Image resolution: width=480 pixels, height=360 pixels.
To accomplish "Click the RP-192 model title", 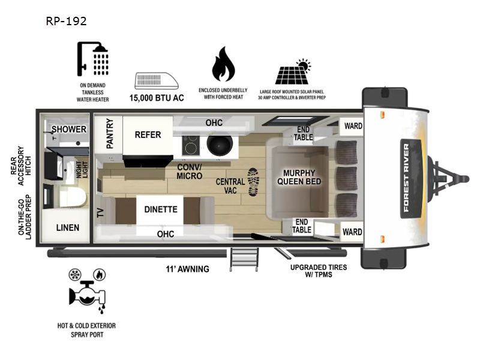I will tap(66, 21).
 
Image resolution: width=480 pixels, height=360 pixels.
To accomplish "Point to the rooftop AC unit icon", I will tap(156, 80).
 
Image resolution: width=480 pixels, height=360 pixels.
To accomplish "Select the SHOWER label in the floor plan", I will tap(68, 130).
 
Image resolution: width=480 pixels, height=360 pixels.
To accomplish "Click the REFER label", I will tap(148, 134).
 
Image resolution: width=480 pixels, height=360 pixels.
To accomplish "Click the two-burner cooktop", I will tap(191, 144).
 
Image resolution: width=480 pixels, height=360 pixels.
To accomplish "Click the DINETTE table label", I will tap(160, 209).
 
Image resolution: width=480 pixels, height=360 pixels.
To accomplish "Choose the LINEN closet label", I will tap(68, 228).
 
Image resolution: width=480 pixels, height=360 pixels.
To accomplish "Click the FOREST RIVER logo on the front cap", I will tap(406, 178).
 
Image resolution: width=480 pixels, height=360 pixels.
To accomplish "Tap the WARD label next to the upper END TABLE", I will tap(352, 127).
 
